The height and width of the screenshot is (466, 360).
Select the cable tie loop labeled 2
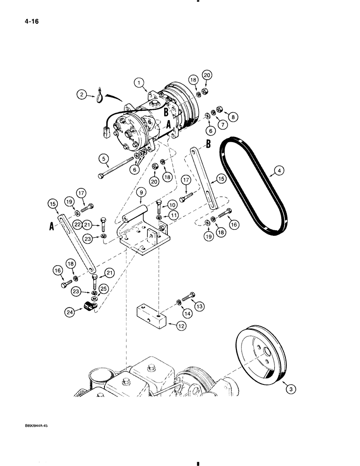coord(100,95)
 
